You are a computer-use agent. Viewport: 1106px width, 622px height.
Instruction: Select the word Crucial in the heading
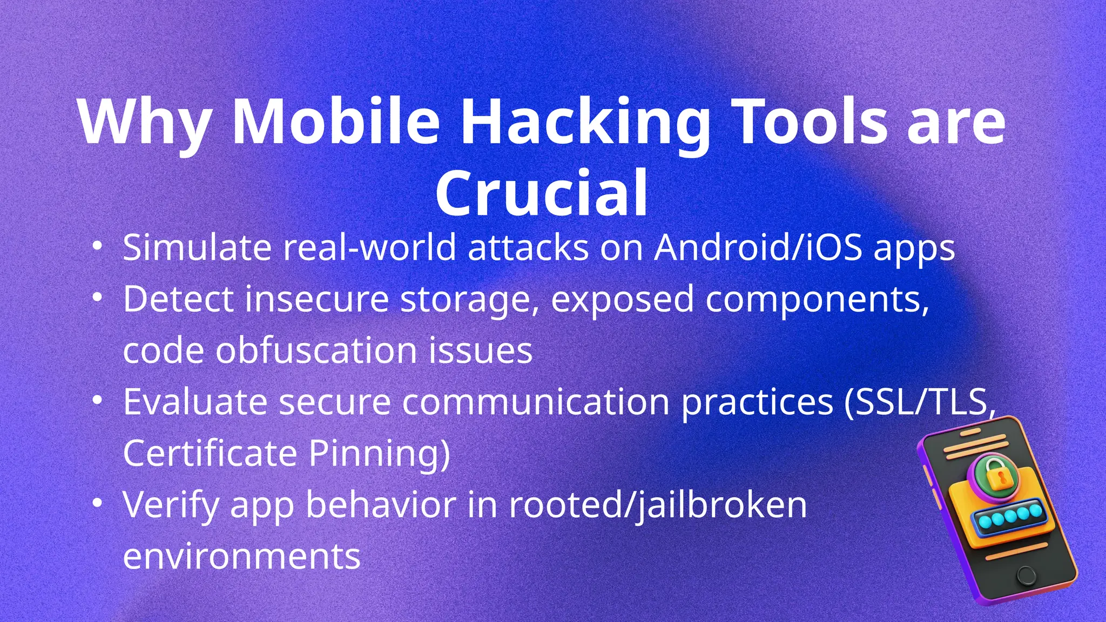(x=541, y=192)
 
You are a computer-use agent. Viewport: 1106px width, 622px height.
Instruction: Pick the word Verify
(x=171, y=504)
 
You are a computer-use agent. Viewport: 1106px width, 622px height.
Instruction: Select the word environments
(x=241, y=556)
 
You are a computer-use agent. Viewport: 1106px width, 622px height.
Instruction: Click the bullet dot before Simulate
(x=97, y=246)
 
